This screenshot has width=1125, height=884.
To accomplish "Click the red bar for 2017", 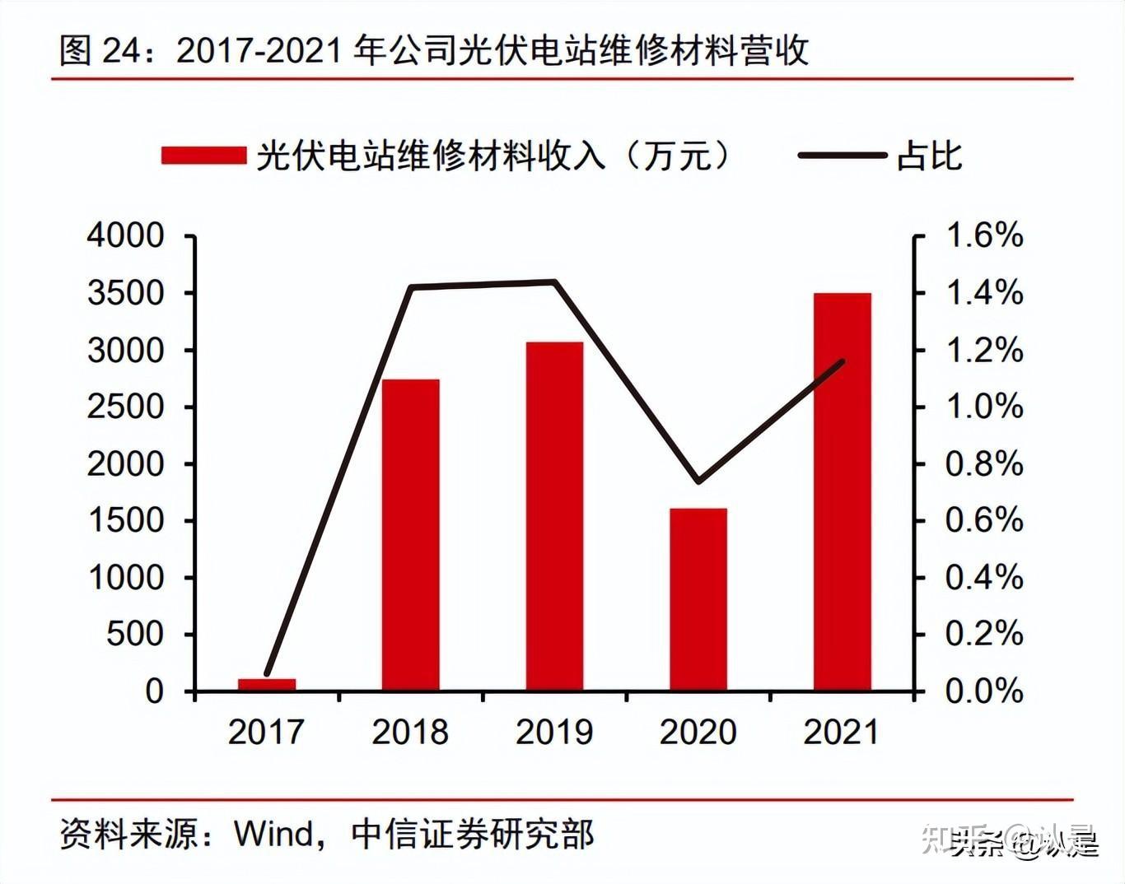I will tap(267, 684).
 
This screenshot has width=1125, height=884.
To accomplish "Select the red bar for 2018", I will tap(410, 535).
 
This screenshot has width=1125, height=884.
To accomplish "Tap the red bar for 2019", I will tap(554, 516).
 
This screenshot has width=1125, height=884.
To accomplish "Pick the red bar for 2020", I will tap(698, 599).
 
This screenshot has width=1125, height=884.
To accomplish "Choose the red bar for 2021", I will tap(842, 491).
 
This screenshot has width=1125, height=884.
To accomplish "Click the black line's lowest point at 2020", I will tap(698, 481).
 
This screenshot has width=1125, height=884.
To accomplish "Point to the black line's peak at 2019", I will tap(554, 282).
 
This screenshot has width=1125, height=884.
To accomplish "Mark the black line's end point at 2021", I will tap(843, 361).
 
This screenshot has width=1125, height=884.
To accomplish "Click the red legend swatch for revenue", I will tap(203, 156).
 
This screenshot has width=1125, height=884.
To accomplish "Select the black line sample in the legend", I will tap(842, 156).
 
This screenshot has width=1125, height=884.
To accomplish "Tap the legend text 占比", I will tap(929, 156).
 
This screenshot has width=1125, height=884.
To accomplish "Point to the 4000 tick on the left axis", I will tap(126, 236).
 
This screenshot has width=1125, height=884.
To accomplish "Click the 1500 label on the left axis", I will tap(126, 520).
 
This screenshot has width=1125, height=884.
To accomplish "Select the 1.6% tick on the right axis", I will tap(984, 236).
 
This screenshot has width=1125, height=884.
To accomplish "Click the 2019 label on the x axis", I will tap(554, 731).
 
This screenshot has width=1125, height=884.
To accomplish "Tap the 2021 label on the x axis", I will tap(842, 731).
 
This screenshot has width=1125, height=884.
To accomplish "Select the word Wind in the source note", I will tap(274, 833).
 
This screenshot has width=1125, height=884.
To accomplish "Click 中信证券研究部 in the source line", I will tap(472, 833).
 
